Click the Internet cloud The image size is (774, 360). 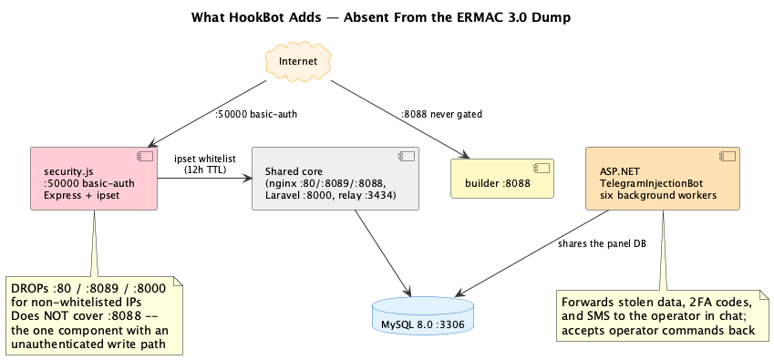297,62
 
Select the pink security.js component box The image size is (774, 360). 94,179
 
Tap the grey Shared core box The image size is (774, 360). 335,179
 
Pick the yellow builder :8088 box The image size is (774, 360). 502,179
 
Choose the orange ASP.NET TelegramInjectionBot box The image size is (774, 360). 663,179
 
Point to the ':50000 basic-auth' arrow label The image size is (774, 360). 255,114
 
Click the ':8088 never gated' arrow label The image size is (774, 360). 441,114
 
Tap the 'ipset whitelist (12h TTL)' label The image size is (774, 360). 205,165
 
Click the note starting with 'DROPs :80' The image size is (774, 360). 94,315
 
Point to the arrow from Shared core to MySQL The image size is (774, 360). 383,253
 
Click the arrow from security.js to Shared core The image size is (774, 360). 204,179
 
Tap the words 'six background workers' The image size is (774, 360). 658,195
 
